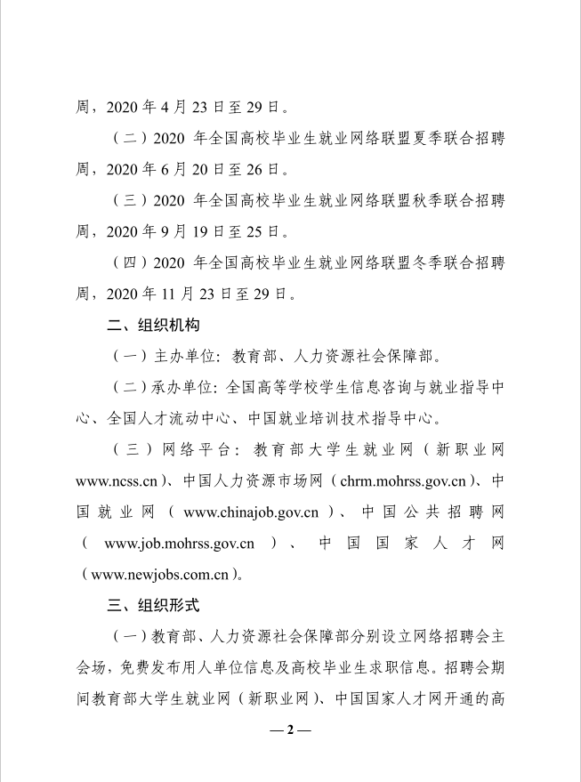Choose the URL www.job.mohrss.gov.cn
(x=180, y=544)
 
